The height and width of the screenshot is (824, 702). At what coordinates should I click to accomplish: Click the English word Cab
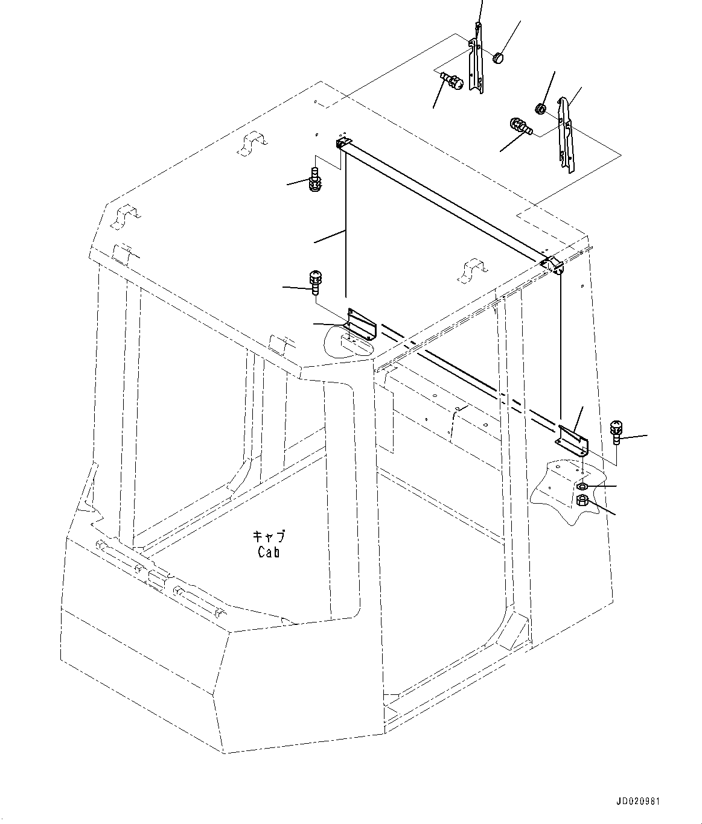269,551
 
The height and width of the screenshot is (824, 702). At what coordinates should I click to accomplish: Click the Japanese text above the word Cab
269,536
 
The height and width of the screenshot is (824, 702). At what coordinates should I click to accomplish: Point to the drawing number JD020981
638,802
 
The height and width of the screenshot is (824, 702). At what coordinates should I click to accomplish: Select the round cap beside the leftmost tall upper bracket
498,58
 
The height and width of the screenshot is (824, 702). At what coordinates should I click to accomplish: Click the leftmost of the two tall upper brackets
477,60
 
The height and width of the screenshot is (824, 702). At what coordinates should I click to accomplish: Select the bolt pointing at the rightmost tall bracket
519,127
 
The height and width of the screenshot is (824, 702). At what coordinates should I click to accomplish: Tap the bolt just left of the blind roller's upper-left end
314,180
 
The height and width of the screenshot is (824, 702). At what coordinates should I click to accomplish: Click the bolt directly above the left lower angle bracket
314,281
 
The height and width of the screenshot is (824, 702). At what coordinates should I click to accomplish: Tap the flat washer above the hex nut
582,486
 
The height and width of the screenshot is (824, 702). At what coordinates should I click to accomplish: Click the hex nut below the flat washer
582,500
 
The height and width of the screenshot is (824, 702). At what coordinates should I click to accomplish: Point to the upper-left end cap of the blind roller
342,142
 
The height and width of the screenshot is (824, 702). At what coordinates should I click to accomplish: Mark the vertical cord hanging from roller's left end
346,229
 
